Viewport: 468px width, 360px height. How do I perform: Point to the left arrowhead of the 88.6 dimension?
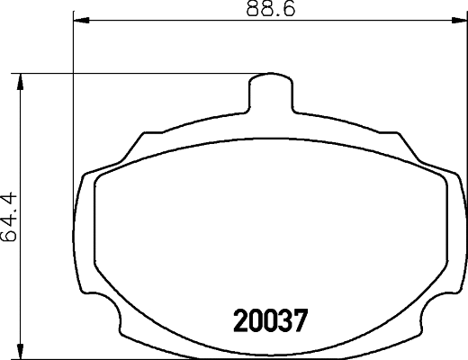[x=77, y=19]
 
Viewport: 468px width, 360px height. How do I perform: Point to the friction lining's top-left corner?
[x=99, y=177]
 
